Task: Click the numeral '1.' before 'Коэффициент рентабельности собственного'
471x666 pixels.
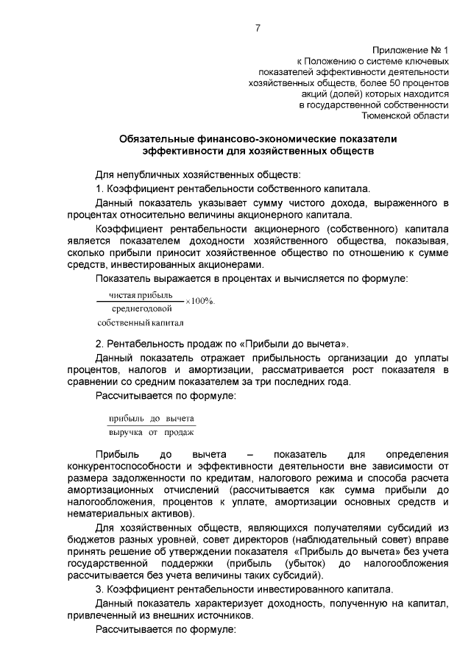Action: coord(100,188)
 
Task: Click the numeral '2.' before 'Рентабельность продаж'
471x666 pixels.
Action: coord(100,344)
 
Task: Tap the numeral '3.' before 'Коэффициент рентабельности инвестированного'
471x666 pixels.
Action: coord(100,589)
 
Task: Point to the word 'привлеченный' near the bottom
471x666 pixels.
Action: coord(100,617)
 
